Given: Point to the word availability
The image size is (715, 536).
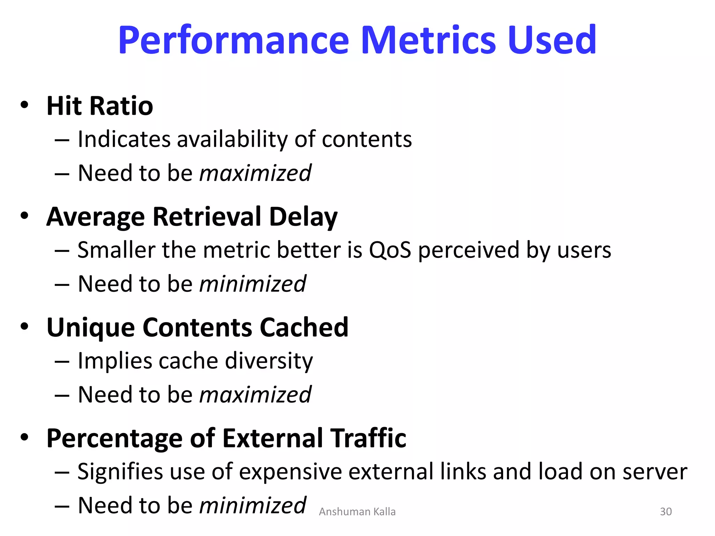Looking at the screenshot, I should [x=233, y=140].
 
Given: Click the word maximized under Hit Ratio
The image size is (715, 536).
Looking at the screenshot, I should [x=255, y=173].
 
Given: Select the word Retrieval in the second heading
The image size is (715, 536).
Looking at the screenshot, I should [x=207, y=217].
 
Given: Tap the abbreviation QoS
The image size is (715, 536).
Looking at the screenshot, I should [x=390, y=250].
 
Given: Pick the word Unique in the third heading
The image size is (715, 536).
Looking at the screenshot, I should [x=90, y=328].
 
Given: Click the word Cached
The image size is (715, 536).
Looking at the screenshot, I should [x=304, y=328].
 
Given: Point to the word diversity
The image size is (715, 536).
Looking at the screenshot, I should [x=269, y=361].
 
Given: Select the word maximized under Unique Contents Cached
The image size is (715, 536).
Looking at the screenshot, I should [x=255, y=395].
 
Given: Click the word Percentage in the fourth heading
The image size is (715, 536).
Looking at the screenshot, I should [x=114, y=439].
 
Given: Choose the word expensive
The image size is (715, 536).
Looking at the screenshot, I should [x=291, y=472].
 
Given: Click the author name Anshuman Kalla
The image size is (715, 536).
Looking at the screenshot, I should [x=357, y=512].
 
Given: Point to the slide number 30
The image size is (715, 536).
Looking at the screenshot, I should [x=665, y=512].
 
